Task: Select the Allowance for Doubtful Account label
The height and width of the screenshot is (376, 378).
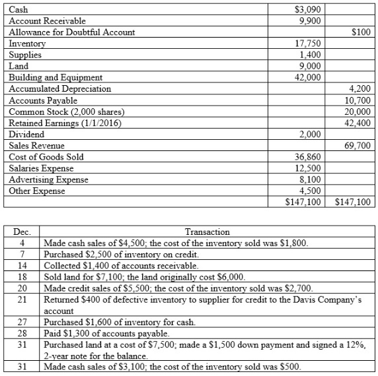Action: point(71,32)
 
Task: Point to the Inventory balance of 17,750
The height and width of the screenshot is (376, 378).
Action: point(307,44)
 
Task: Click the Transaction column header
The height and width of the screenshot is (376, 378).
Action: point(208,232)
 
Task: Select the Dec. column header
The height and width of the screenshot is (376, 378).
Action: point(22,232)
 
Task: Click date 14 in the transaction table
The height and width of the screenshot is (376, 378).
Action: point(22,265)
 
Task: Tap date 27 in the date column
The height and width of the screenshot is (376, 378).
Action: point(22,323)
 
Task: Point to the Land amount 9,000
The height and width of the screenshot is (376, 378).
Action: point(309,66)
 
